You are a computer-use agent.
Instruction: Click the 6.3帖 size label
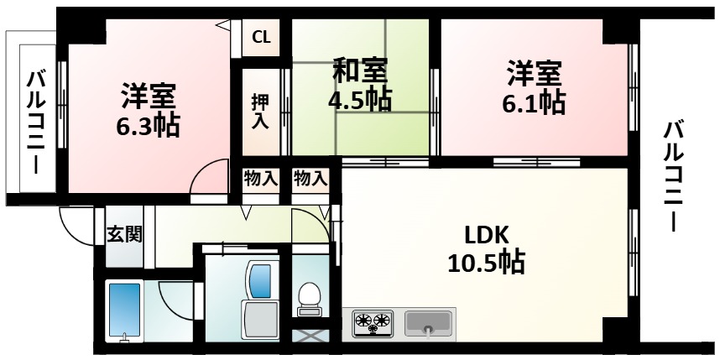pyautogui.click(x=148, y=126)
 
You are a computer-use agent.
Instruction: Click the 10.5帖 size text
pyautogui.click(x=486, y=263)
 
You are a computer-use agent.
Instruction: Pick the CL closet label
pyautogui.click(x=261, y=37)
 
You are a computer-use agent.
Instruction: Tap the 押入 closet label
pyautogui.click(x=260, y=112)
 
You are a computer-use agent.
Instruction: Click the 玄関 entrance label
pyautogui.click(x=123, y=234)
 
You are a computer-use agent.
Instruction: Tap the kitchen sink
pyautogui.click(x=429, y=321)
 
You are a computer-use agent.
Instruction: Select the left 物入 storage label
pyautogui.click(x=260, y=178)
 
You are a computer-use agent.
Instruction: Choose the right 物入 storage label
pyautogui.click(x=310, y=178)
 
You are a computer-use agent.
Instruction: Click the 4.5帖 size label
pyautogui.click(x=358, y=98)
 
